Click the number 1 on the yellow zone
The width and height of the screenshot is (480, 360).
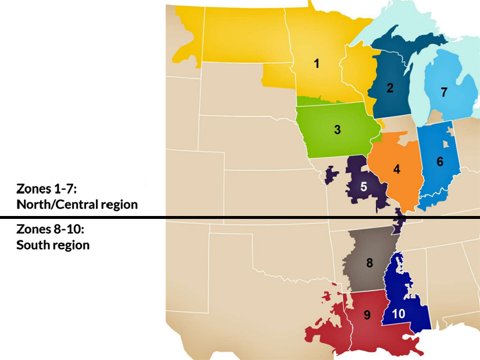(317, 64)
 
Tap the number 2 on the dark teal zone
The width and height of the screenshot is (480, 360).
(390, 88)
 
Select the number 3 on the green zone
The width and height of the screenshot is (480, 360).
(337, 129)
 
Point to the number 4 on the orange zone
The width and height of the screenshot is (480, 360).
(397, 170)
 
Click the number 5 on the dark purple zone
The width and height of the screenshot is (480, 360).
(363, 186)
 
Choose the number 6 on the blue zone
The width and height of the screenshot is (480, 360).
(440, 161)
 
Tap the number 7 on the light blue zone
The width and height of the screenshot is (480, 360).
(444, 92)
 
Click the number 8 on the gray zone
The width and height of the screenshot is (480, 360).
(369, 262)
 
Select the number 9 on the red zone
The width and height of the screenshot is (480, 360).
(367, 315)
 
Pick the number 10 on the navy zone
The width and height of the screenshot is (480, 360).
(399, 314)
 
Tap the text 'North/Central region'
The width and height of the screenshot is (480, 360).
(77, 204)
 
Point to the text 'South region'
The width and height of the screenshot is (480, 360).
(53, 245)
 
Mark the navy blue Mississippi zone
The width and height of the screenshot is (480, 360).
(407, 290)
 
